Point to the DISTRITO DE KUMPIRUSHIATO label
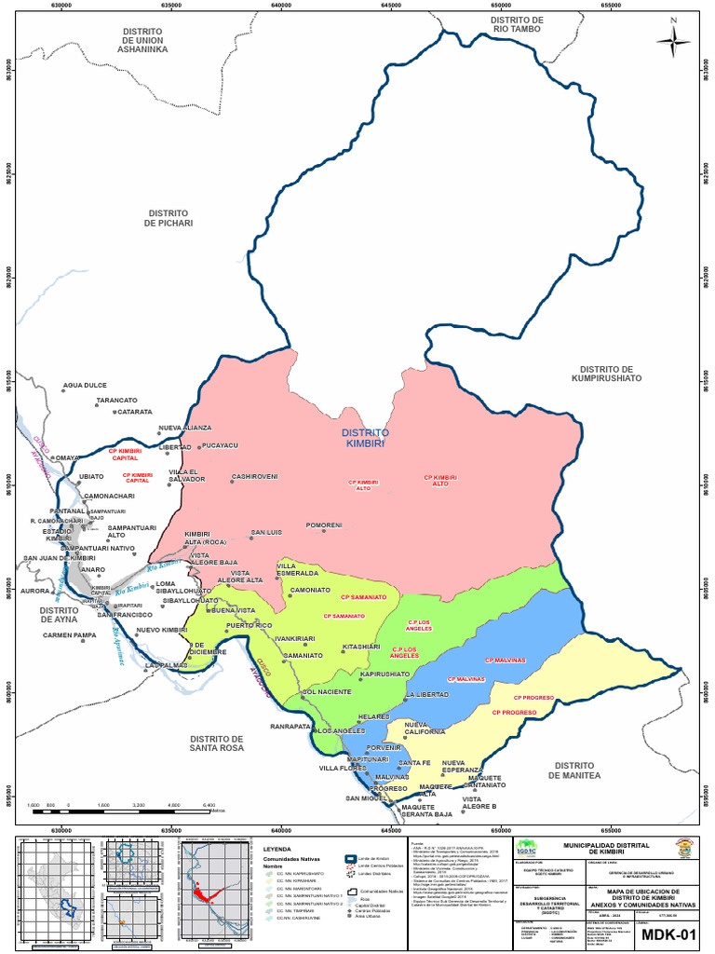click(x=606, y=374)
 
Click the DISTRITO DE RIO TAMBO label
click(x=517, y=26)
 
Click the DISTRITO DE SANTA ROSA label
click(x=216, y=743)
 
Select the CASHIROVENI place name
click(x=254, y=476)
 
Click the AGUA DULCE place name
click(x=85, y=385)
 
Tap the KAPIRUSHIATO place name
click(x=384, y=673)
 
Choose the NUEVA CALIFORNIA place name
click(x=425, y=728)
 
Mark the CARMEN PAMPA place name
click(x=69, y=635)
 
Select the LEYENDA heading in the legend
click(x=277, y=850)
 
